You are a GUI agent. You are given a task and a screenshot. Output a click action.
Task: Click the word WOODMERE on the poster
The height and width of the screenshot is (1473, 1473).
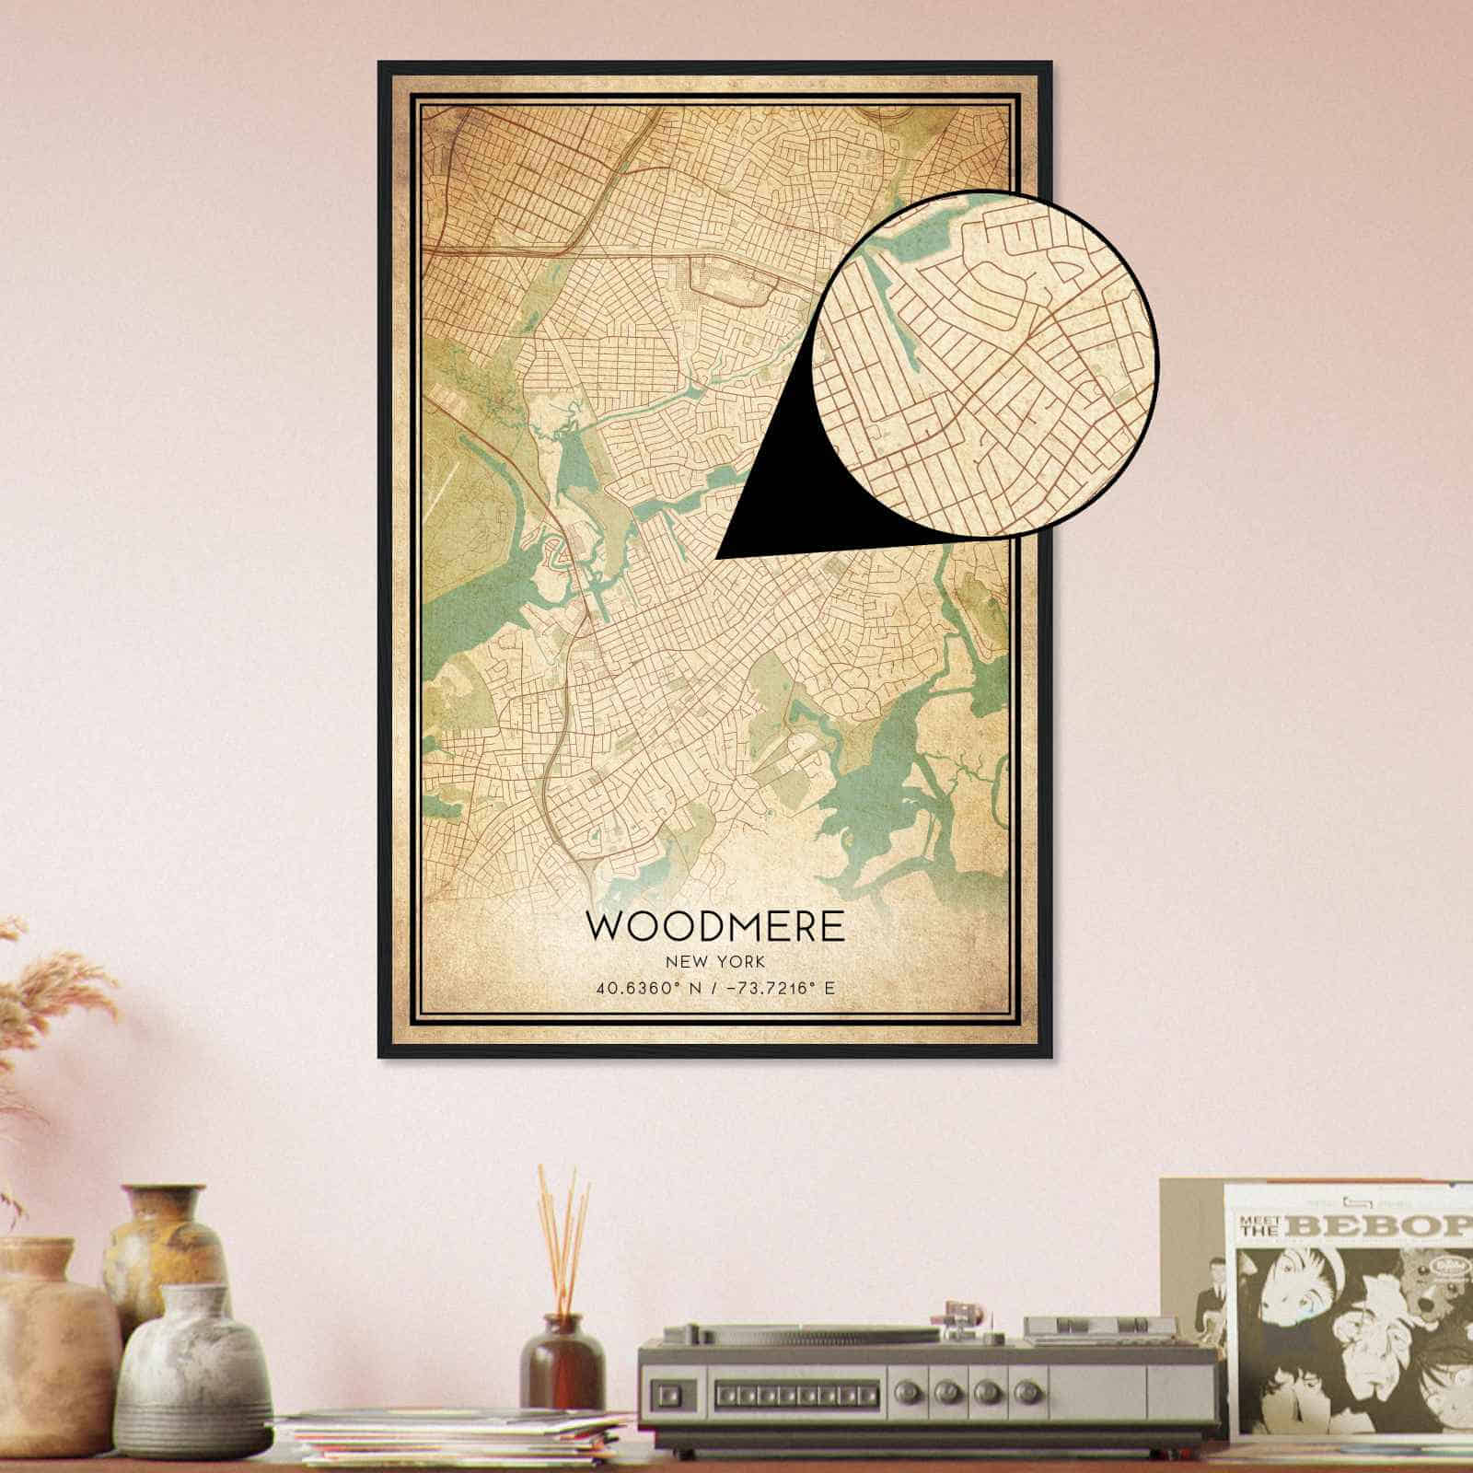[x=715, y=926]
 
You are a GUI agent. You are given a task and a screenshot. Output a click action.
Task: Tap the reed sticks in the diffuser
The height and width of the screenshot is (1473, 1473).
[x=563, y=1234]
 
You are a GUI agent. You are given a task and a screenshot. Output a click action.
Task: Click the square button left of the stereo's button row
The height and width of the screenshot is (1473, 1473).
[x=668, y=1391]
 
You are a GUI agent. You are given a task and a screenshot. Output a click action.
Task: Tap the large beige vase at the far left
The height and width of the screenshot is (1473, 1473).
[x=51, y=1353]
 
